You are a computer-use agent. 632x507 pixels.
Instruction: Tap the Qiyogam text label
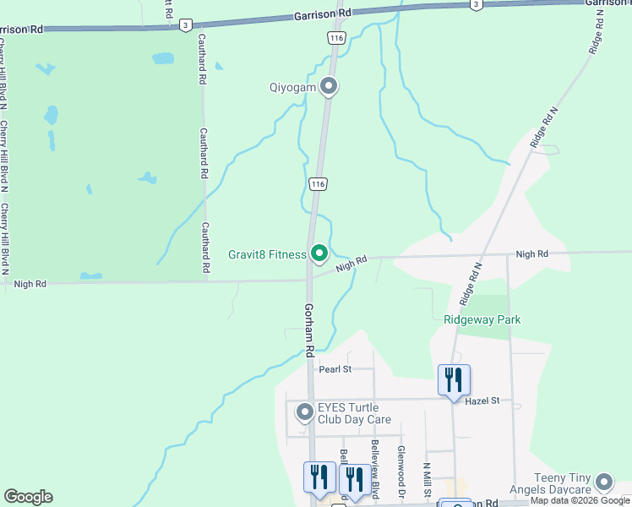292,87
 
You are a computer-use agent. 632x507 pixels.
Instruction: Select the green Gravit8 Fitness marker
319,253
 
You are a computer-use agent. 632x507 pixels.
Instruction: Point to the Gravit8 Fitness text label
267,253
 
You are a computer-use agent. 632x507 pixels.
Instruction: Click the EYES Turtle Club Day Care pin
304,412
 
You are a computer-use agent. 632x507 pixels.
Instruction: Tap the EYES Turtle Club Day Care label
354,413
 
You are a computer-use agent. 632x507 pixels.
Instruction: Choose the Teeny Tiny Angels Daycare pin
603,482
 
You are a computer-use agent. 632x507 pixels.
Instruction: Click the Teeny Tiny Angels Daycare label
552,484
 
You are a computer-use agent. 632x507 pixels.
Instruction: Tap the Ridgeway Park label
482,319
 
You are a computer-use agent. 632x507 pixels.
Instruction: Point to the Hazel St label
483,400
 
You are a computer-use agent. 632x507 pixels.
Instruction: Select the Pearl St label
334,369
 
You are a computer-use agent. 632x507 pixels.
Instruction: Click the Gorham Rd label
310,329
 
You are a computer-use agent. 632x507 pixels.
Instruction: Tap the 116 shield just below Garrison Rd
337,39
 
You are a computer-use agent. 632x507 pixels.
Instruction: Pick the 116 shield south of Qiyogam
317,183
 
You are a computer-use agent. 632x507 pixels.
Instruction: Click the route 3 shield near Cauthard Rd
184,26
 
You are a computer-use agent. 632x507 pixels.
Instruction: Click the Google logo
28,497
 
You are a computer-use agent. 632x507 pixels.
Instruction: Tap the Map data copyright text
580,501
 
